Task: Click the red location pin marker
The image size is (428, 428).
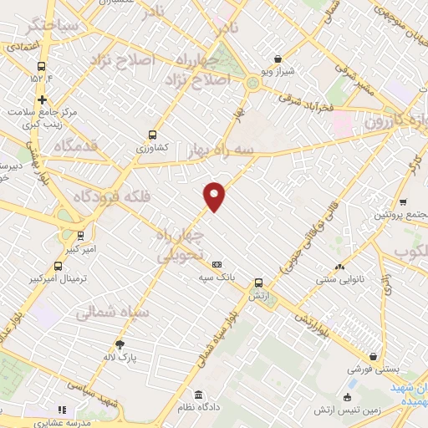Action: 215,196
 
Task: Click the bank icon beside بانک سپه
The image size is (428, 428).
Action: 217,264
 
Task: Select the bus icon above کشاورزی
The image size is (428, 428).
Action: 151,135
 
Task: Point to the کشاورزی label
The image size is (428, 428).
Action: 151,146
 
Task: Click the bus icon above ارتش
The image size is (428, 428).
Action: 257,283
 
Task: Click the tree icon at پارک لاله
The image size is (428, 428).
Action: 120,344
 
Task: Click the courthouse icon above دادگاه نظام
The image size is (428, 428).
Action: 198,395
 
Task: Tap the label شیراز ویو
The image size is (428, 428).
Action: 278,71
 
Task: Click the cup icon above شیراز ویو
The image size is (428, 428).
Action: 278,59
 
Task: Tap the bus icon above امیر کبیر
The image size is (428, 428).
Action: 80,236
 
